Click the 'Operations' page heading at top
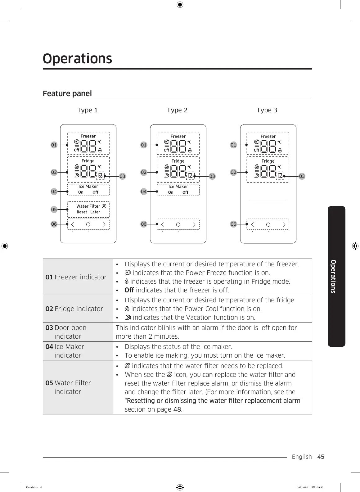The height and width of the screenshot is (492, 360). pyautogui.click(x=77, y=58)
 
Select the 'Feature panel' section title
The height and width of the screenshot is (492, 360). pyautogui.click(x=67, y=93)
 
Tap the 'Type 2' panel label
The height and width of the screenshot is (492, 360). pyautogui.click(x=177, y=110)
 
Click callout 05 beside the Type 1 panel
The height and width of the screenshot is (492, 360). pyautogui.click(x=54, y=210)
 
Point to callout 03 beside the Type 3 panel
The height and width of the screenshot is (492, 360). pyautogui.click(x=302, y=176)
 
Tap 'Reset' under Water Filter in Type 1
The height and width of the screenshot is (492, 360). pyautogui.click(x=82, y=212)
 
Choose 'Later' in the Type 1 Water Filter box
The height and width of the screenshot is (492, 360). pyautogui.click(x=95, y=212)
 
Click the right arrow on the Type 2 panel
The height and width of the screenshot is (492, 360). pyautogui.click(x=194, y=224)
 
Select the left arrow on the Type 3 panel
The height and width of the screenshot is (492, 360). pyautogui.click(x=252, y=224)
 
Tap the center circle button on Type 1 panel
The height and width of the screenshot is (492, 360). pyautogui.click(x=88, y=224)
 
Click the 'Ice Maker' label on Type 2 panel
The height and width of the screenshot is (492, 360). pyautogui.click(x=178, y=187)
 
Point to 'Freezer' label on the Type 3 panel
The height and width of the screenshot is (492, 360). pyautogui.click(x=268, y=136)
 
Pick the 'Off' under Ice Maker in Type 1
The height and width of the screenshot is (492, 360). pyautogui.click(x=95, y=192)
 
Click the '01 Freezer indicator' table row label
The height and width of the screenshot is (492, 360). pyautogui.click(x=76, y=277)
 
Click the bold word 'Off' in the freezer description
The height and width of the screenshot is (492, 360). pyautogui.click(x=129, y=290)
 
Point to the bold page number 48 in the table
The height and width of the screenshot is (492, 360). pyautogui.click(x=177, y=409)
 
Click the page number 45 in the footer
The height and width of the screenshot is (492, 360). pyautogui.click(x=321, y=457)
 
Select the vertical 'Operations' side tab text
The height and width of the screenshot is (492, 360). pyautogui.click(x=333, y=276)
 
